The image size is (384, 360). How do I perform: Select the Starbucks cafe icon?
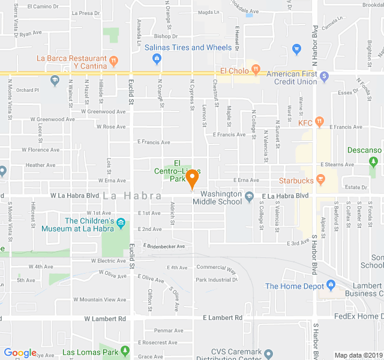pyautogui.click(x=320, y=180)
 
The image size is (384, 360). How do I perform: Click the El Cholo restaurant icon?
pyautogui.click(x=256, y=71)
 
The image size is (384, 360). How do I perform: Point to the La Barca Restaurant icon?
pyautogui.click(x=114, y=61)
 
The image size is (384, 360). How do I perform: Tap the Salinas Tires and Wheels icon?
pyautogui.click(x=157, y=58)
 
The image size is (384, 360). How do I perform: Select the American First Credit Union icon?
pyautogui.click(x=324, y=76)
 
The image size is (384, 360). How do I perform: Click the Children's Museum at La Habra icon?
pyautogui.click(x=121, y=224)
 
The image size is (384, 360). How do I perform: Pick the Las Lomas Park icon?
pyautogui.click(x=125, y=351)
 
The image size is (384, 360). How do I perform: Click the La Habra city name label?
pyautogui.click(x=132, y=196)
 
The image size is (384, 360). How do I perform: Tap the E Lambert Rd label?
pyautogui.click(x=223, y=317)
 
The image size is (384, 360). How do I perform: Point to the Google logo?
pyautogui.click(x=20, y=353)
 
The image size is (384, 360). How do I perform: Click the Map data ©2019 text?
pyautogui.click(x=357, y=355)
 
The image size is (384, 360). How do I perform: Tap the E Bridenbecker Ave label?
pyautogui.click(x=164, y=246)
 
